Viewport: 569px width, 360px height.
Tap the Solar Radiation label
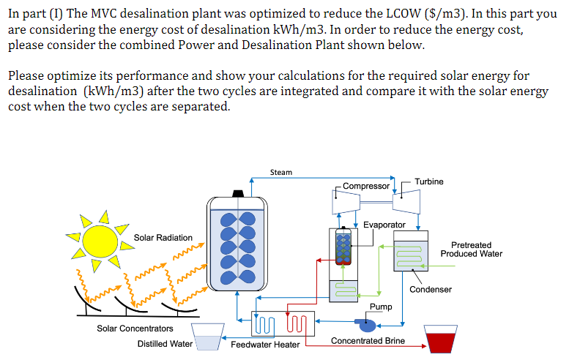(163, 238)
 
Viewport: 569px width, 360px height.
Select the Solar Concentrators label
(135, 329)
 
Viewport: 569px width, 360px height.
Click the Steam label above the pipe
(280, 173)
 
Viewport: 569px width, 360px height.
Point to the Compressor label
(366, 186)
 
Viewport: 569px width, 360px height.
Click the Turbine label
(428, 181)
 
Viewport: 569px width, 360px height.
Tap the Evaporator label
(384, 225)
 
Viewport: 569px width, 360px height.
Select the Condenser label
(431, 290)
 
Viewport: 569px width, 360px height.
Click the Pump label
(381, 307)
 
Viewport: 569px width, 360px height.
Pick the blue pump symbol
(366, 322)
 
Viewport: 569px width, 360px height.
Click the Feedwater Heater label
(265, 345)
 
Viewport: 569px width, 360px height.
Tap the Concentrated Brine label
(368, 341)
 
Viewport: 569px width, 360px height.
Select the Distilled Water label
(165, 344)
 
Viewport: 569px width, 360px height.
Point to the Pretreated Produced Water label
(471, 250)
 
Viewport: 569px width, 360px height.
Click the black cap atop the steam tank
(237, 193)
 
